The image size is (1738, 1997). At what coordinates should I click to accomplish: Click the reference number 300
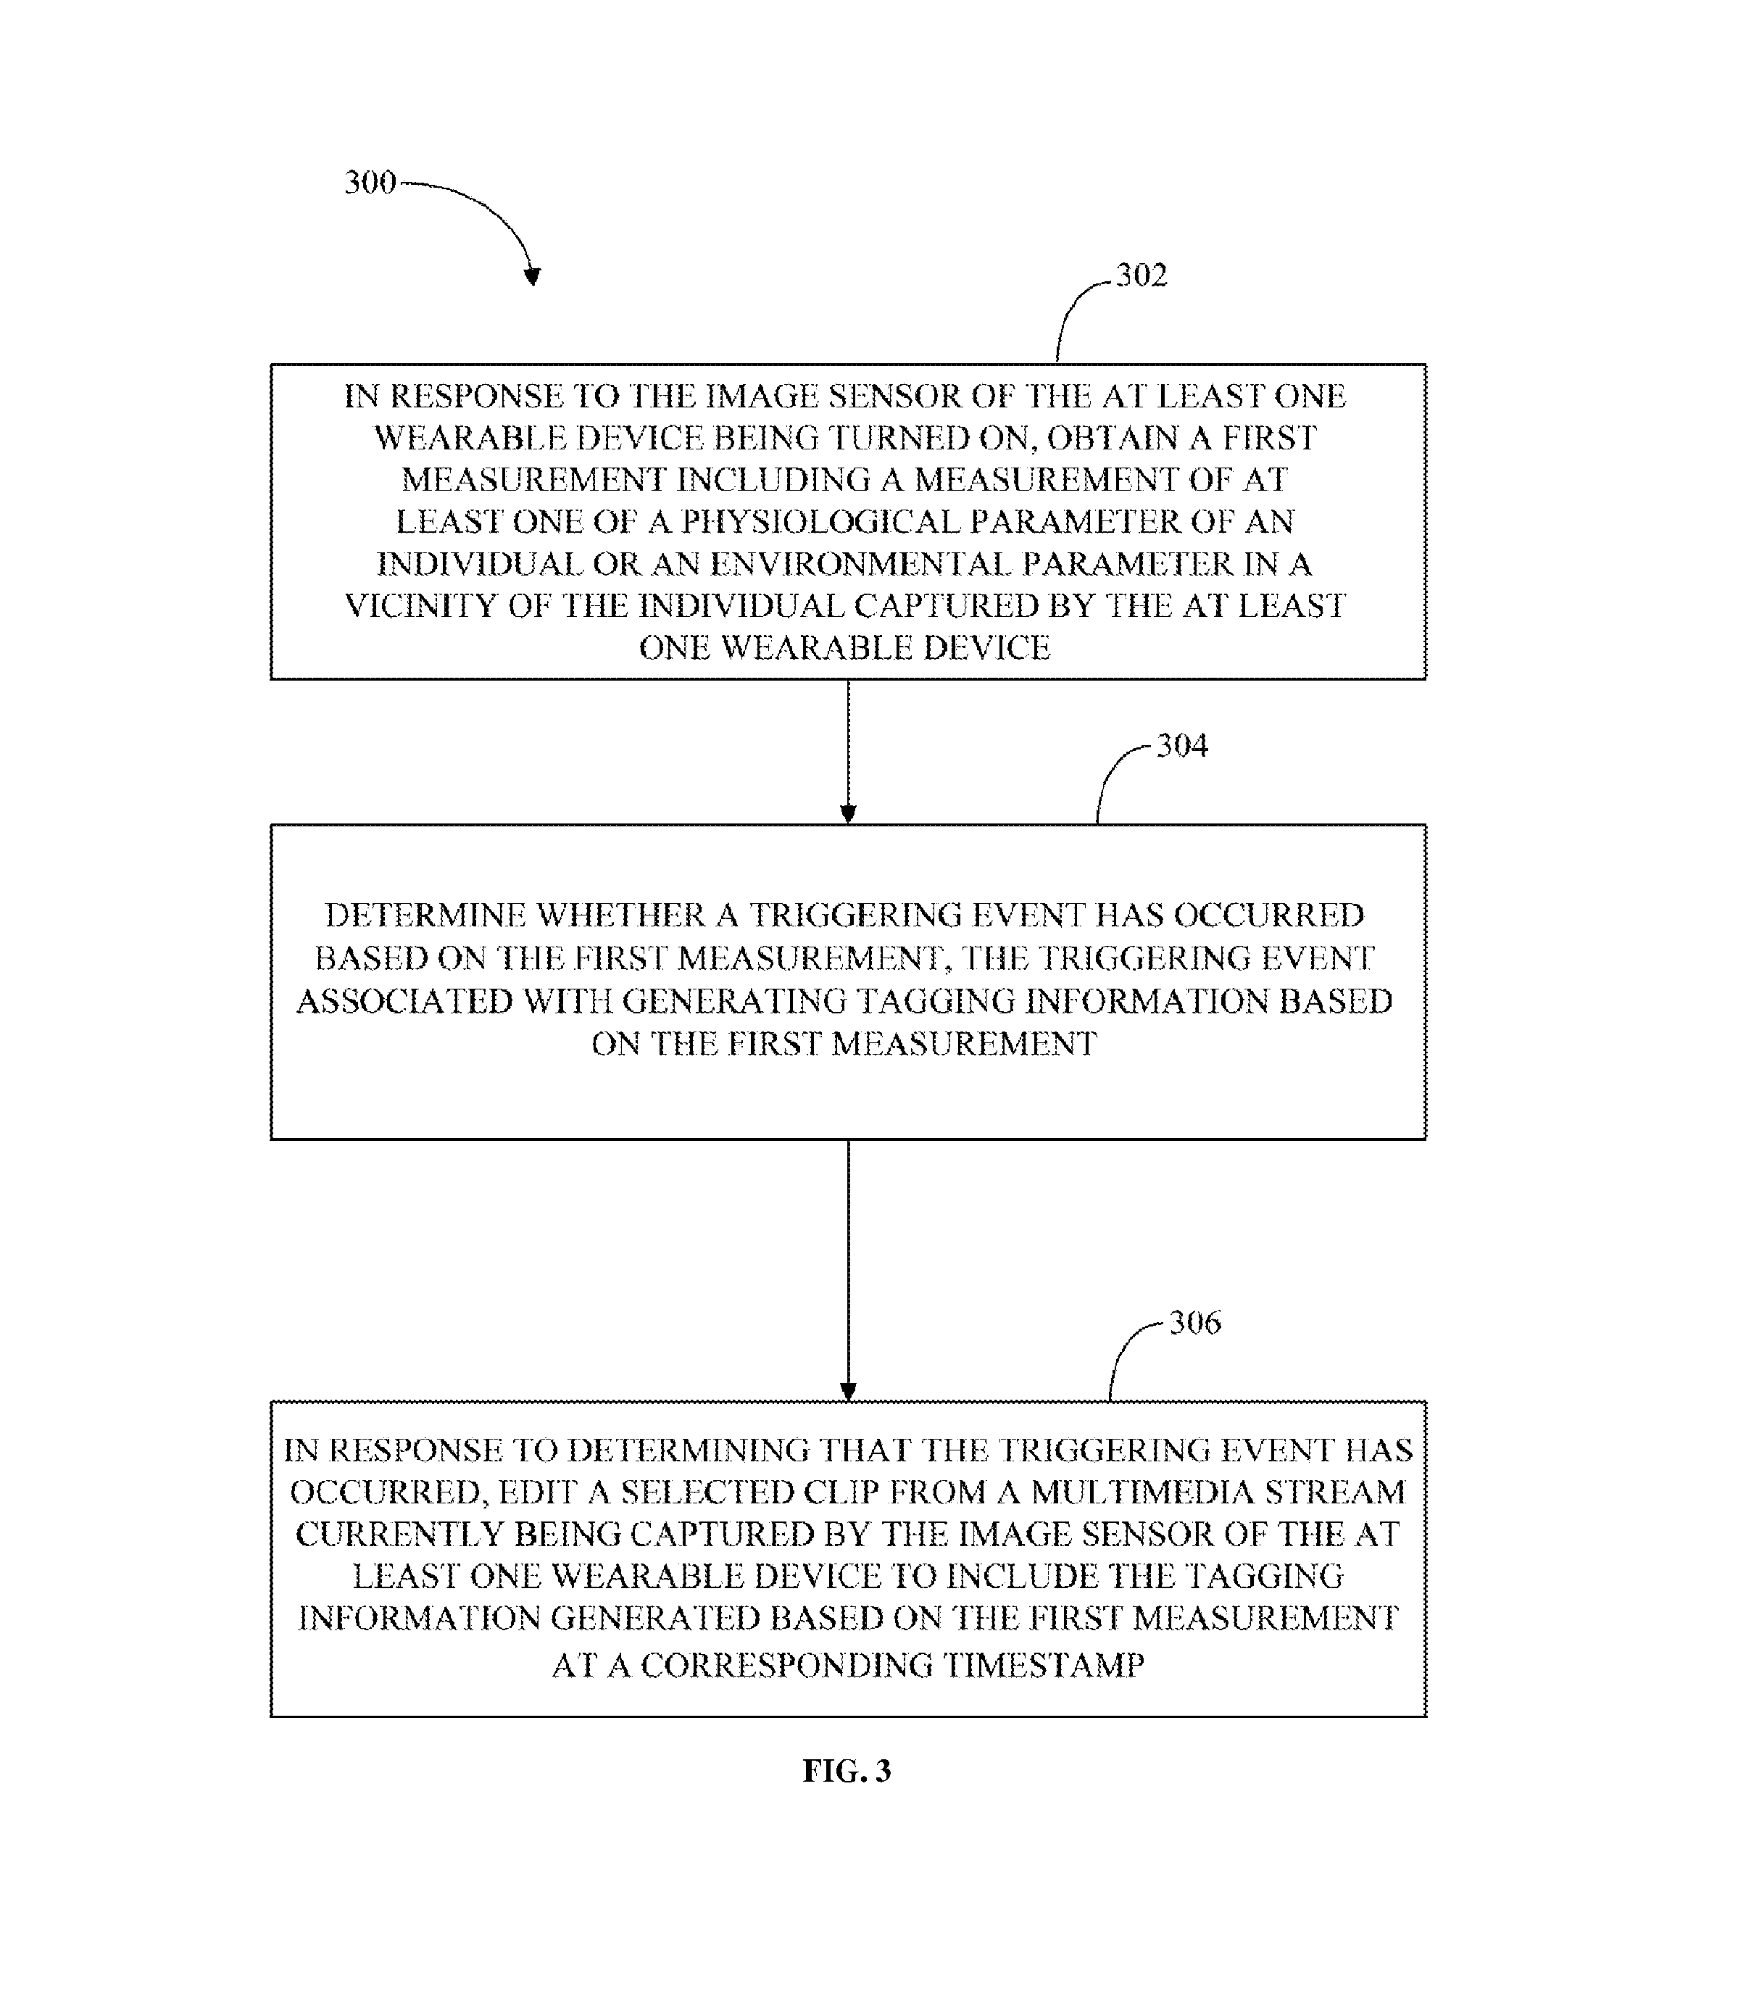370,183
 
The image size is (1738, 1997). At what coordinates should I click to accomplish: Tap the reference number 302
1142,275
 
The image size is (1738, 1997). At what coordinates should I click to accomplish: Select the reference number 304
1182,746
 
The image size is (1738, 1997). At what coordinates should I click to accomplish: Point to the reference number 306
1195,1323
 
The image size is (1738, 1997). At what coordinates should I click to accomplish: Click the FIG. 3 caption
847,1772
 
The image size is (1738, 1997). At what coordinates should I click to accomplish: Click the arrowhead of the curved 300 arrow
531,275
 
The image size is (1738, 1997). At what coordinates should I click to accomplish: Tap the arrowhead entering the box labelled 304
849,814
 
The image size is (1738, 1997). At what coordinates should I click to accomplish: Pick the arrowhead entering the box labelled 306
849,1391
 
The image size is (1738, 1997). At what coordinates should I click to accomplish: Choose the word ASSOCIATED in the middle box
404,1001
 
